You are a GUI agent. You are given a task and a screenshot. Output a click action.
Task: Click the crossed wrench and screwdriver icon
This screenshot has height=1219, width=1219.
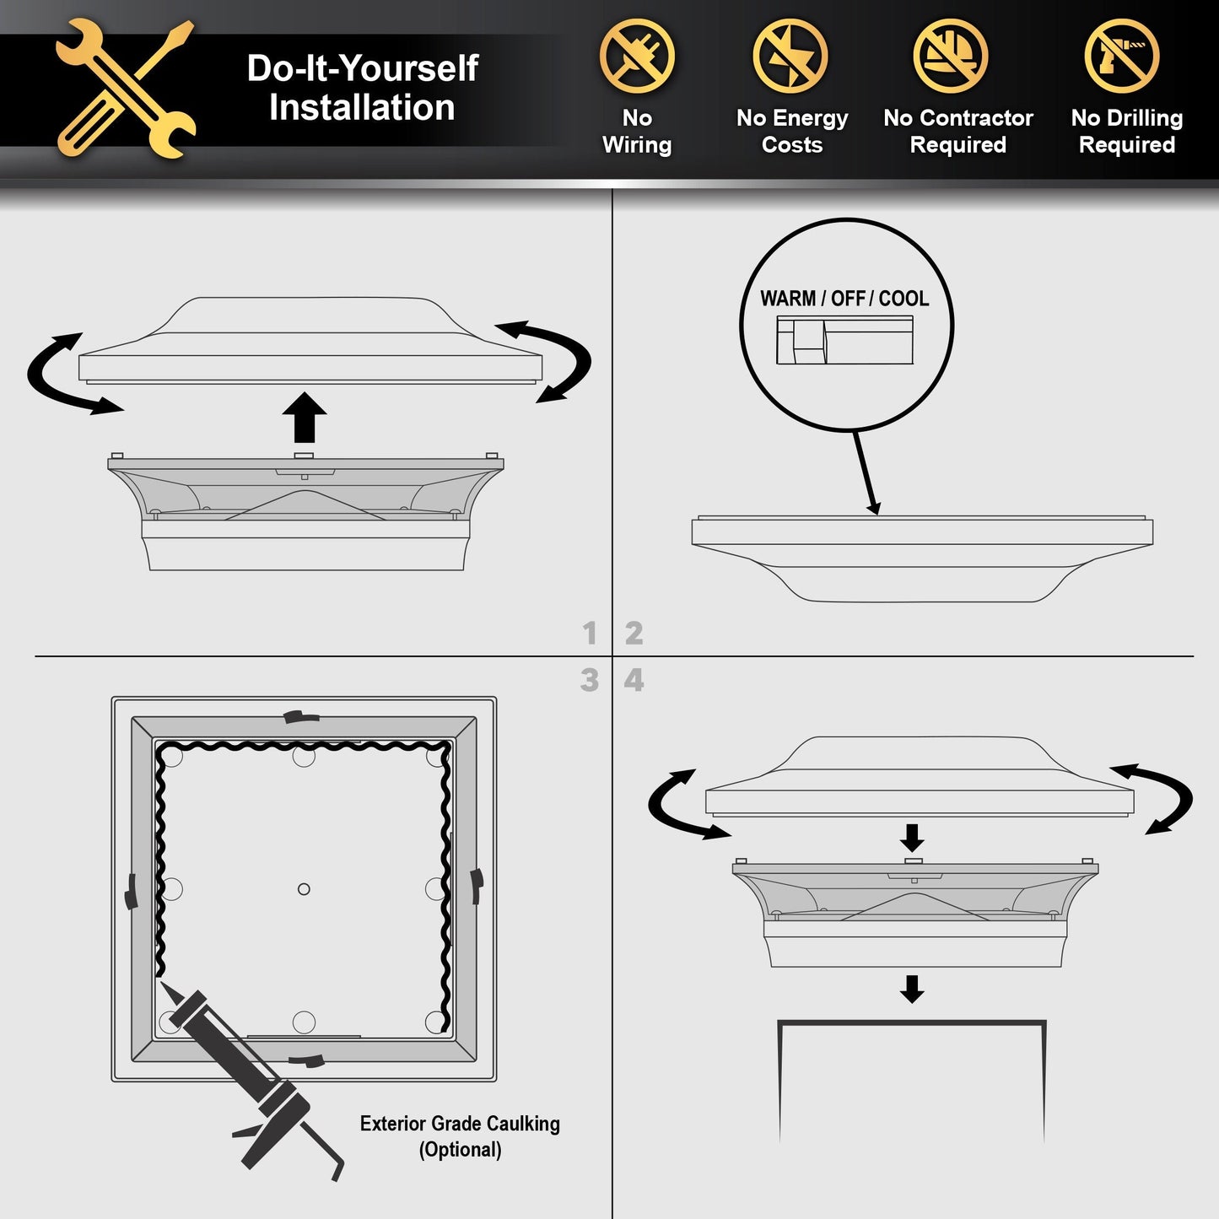125,89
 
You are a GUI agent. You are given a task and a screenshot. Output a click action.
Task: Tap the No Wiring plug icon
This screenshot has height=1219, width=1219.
637,57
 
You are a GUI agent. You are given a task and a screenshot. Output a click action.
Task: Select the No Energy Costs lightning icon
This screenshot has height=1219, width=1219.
790,57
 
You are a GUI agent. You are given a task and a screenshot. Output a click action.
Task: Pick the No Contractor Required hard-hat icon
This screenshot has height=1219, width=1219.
951,57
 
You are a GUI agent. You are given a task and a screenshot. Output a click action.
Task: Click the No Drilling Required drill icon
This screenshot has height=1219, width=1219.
1122,57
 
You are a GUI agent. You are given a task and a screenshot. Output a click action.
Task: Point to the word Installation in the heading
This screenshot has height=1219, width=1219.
362,107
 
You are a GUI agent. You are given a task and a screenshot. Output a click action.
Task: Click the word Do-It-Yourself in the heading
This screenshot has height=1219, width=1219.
363,67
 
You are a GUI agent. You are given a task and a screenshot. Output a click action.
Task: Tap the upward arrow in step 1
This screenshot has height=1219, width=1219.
305,417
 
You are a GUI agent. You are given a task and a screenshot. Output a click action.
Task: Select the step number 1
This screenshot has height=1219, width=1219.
591,634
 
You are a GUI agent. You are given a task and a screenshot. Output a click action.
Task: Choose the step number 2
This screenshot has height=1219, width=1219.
634,634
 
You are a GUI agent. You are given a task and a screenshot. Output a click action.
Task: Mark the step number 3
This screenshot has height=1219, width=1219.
590,680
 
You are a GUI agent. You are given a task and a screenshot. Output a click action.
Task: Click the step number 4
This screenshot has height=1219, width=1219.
634,680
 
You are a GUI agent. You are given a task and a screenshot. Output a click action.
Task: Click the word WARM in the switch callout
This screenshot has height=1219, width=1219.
788,299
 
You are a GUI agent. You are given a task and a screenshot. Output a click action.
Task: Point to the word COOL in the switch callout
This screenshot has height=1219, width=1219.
903,299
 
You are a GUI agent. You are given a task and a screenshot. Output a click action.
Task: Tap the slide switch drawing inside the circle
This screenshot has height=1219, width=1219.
844,340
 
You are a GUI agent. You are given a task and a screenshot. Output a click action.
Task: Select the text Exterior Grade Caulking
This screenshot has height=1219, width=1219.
460,1125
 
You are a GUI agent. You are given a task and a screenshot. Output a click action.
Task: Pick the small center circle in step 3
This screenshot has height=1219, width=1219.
304,889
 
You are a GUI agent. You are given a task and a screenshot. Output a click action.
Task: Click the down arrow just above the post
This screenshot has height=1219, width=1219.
912,990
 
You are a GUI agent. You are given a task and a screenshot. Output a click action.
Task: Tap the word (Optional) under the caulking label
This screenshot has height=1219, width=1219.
460,1150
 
